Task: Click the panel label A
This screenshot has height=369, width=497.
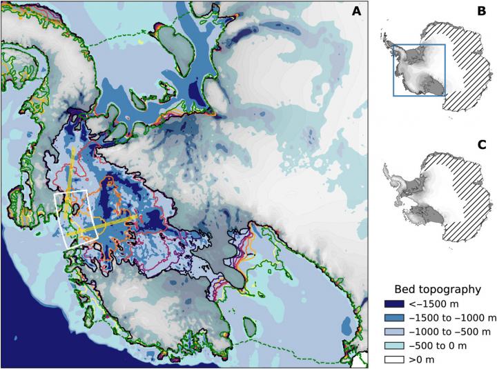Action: pyautogui.click(x=355, y=11)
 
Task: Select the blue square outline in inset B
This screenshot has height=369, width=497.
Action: pyautogui.click(x=393, y=69)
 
